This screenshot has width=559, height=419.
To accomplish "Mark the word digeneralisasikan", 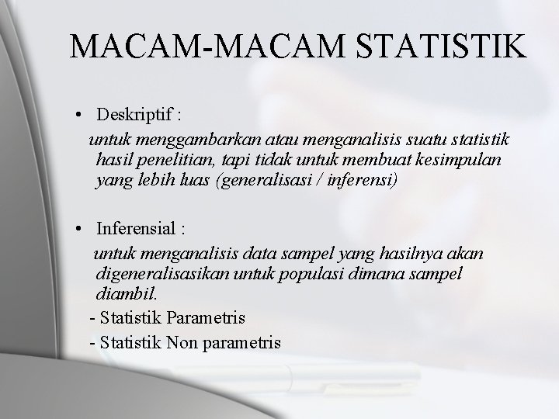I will tap(166, 275).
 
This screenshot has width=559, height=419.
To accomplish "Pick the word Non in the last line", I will tap(183, 342).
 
